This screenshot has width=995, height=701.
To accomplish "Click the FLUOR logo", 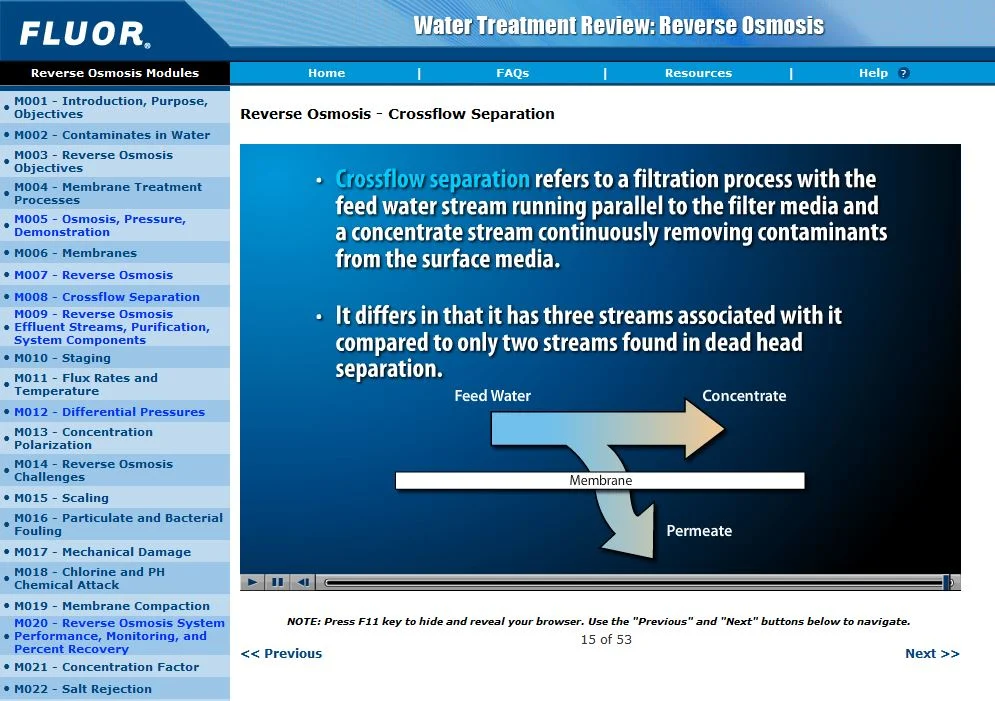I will coord(84,34).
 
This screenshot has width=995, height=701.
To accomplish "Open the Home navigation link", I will coord(326,73).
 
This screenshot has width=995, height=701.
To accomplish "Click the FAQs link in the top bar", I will coord(512,73).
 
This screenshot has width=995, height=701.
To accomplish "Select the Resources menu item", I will coord(698,73).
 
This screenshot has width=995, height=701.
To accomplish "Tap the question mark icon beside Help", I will coord(903,73).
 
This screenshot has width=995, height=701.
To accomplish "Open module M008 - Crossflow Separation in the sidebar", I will coord(106,297).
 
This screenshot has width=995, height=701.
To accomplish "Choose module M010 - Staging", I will coord(62,358).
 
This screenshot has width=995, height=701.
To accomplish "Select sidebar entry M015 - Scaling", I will coord(61,498).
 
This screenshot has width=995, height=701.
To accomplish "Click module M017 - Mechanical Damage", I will coord(102,552).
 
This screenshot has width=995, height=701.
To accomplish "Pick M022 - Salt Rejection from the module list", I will coord(83,689).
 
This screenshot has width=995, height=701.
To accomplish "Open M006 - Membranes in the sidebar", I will coord(75,253).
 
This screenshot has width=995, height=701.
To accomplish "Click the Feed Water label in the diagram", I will coord(492,396).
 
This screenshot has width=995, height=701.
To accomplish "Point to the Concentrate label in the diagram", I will coord(744,396).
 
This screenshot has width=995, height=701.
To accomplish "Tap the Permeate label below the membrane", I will coord(699,531).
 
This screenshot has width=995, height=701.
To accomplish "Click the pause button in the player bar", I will coord(278,582).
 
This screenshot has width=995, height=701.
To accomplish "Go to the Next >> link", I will coord(931,654).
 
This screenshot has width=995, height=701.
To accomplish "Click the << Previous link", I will coord(281,654).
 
